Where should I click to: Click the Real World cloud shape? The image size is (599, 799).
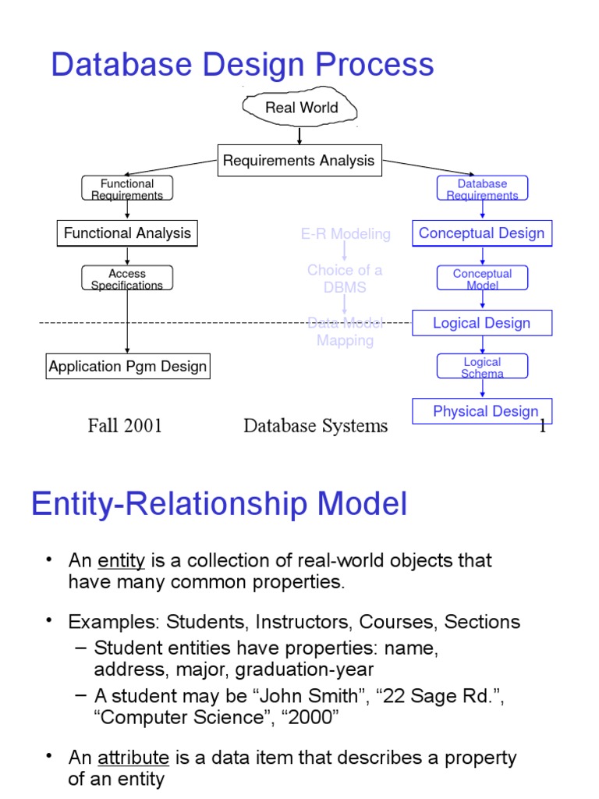[301, 108]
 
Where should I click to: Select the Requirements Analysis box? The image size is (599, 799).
[299, 161]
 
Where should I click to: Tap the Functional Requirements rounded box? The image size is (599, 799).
[127, 189]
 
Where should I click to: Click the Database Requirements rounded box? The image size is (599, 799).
[482, 189]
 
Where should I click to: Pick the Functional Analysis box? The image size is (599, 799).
[127, 233]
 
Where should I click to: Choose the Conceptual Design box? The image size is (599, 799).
[482, 233]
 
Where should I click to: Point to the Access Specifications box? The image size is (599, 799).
[127, 279]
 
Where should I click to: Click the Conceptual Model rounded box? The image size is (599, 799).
[482, 279]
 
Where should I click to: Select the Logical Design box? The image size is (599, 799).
[482, 323]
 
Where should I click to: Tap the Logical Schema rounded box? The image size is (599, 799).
[482, 367]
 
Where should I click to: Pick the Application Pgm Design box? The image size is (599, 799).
[128, 367]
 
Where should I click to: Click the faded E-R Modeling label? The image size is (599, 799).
[346, 234]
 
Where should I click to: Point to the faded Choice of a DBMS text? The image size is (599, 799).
[345, 279]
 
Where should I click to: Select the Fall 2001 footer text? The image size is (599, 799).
[125, 425]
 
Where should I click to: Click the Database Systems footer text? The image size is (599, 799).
[315, 425]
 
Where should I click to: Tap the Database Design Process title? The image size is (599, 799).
[242, 65]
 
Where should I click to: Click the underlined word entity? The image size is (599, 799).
[121, 561]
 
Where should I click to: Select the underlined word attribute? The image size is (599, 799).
[133, 758]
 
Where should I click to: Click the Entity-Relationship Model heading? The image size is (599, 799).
[219, 504]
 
